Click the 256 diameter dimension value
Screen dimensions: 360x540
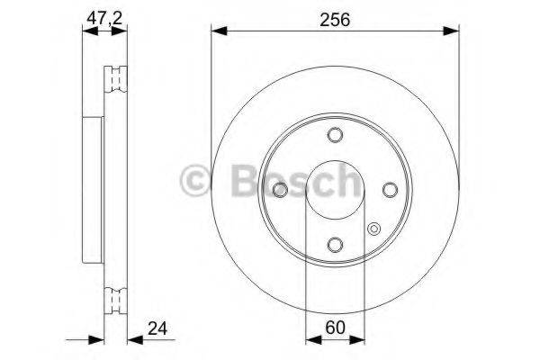coord(334,17)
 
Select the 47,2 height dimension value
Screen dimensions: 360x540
coord(102,17)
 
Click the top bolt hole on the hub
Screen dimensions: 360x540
coord(335,135)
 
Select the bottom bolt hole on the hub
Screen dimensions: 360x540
coord(335,244)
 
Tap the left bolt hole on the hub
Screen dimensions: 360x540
coord(280,189)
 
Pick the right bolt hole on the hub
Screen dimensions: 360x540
coord(390,189)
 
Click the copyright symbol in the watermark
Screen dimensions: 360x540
coord(196,183)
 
